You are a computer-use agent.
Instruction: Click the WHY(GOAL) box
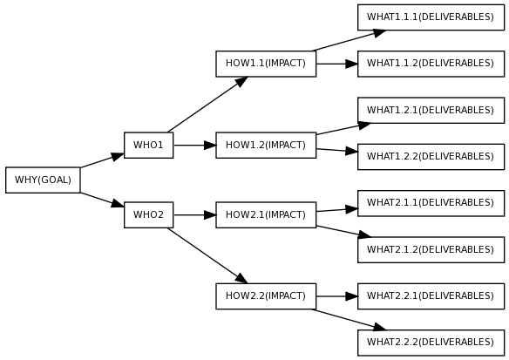point(43,180)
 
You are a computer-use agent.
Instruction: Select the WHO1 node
point(148,145)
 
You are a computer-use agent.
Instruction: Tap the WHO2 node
point(148,214)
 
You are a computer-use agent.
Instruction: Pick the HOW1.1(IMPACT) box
point(266,64)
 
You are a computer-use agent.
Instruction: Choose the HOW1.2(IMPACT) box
point(266,145)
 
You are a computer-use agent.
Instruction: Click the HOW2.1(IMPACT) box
point(266,214)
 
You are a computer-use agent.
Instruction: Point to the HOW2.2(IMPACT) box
point(266,295)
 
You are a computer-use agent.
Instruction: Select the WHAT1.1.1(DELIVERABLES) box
point(431,17)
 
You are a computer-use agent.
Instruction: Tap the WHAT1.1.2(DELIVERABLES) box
point(431,64)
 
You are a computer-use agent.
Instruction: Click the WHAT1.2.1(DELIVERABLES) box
point(431,110)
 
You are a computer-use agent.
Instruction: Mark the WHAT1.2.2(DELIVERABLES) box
point(431,156)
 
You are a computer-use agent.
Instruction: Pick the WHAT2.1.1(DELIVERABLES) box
point(431,203)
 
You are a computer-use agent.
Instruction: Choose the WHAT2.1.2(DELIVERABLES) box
point(431,249)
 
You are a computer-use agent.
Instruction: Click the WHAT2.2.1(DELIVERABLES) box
point(431,295)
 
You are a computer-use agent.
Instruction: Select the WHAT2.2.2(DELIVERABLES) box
point(431,342)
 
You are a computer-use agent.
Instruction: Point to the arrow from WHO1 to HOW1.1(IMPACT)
point(207,104)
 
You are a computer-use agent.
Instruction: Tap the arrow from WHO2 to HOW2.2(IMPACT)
point(207,255)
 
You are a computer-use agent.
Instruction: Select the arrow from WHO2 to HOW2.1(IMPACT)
point(194,214)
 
